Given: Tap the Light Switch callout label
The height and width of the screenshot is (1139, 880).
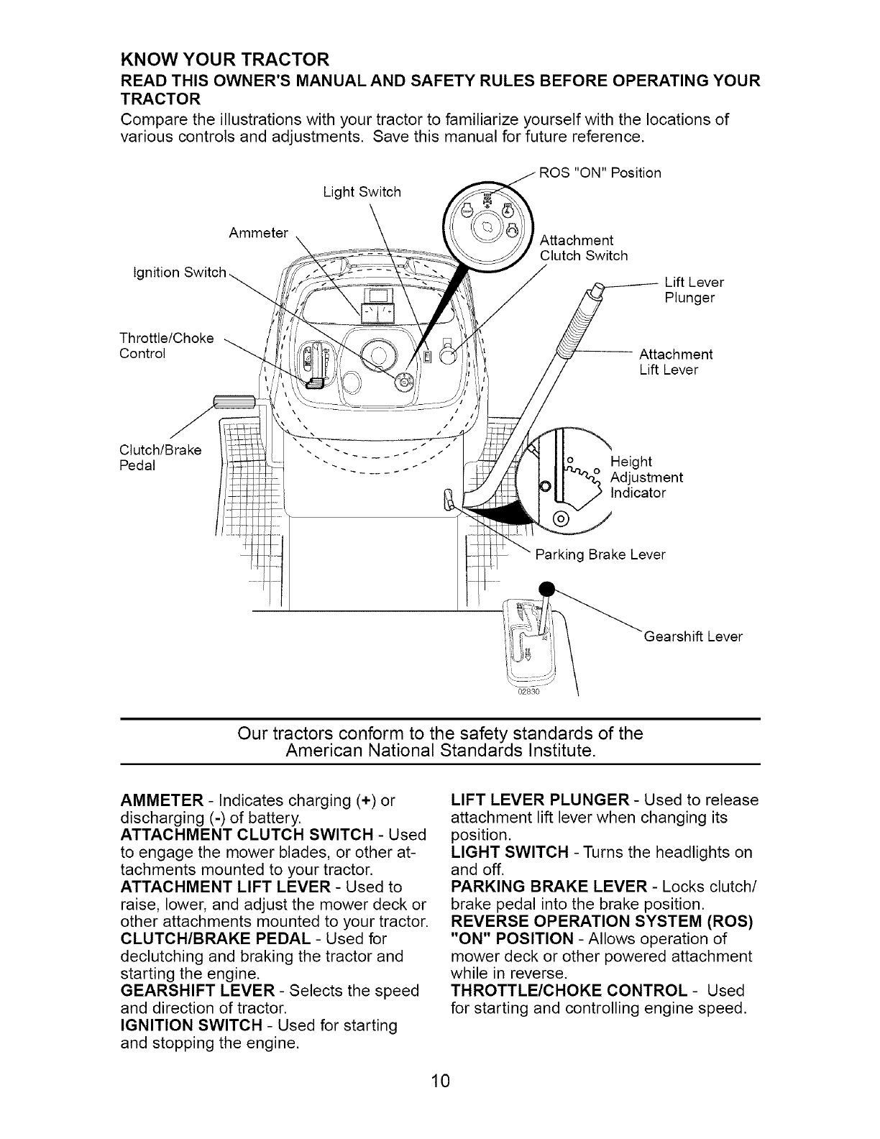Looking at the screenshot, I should pos(362,192).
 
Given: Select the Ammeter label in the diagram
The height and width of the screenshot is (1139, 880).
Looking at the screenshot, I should pos(258,233).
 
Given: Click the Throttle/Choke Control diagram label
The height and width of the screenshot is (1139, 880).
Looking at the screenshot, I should pos(165,345).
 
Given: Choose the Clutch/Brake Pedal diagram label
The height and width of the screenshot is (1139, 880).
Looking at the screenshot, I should pos(160,457).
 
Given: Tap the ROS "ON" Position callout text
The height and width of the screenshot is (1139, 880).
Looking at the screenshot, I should pos(600,173).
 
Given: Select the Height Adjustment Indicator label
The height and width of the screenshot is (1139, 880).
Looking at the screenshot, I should pos(646,477).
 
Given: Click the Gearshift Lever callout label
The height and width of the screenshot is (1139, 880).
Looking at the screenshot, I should pos(693,636).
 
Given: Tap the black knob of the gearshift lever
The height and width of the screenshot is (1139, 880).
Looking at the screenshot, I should pos(548,587).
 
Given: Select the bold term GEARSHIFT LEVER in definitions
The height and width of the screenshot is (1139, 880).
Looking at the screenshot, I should pos(189,991).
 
